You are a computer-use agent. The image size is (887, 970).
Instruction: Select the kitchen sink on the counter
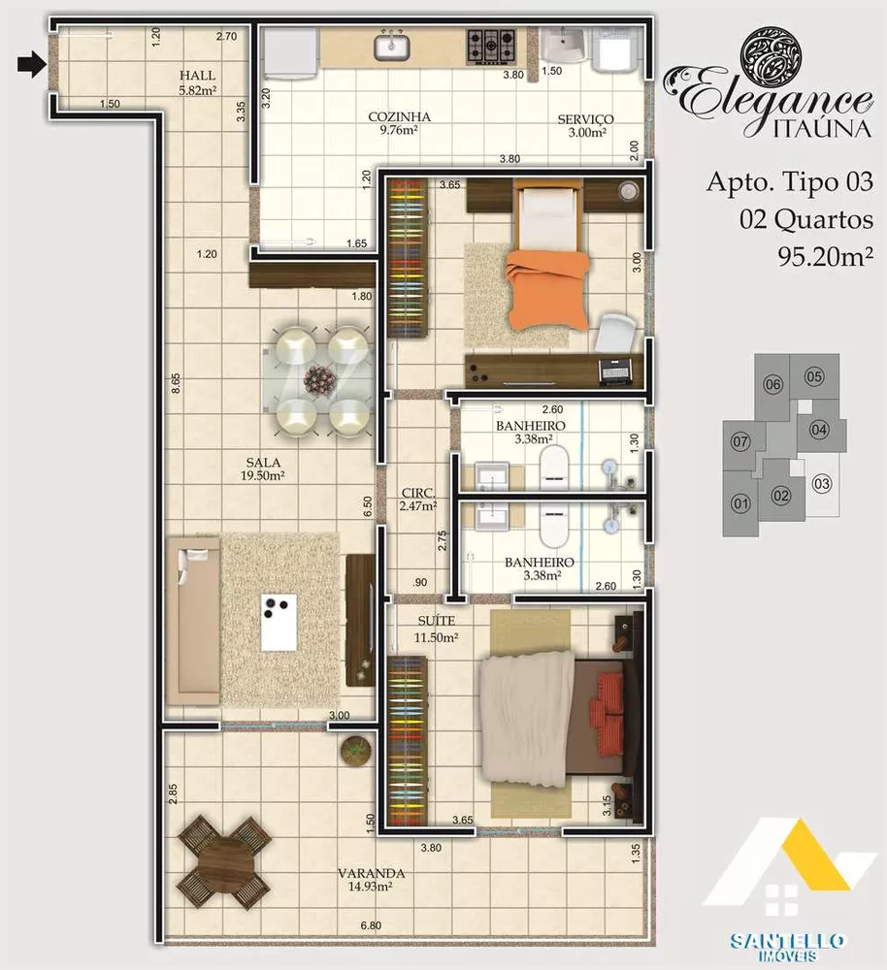click(394, 45)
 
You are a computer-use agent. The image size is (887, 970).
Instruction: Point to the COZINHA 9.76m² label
click(399, 125)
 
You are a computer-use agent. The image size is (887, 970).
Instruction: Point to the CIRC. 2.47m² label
click(418, 499)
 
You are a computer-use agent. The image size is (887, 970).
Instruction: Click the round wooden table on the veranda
click(224, 859)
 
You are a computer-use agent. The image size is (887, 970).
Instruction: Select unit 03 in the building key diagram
click(821, 483)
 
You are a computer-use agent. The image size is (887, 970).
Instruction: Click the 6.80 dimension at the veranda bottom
click(371, 926)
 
